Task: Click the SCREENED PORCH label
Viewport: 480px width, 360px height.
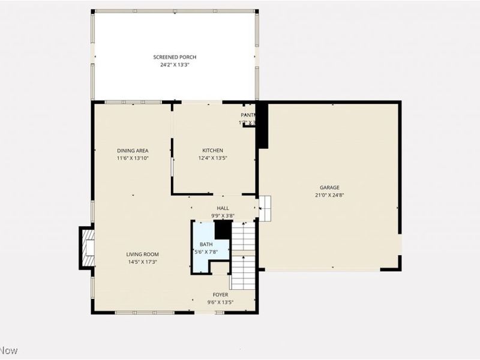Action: click(175, 57)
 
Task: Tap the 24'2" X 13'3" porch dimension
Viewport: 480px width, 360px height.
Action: click(175, 64)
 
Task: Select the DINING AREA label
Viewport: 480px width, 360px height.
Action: click(133, 151)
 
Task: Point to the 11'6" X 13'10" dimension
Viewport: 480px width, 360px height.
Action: click(133, 158)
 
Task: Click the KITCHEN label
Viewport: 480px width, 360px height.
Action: click(212, 151)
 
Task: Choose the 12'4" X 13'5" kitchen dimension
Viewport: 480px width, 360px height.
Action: click(212, 158)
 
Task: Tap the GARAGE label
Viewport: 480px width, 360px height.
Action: click(329, 187)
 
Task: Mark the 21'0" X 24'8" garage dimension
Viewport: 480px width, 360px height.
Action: click(329, 194)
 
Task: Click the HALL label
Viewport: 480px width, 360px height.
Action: click(223, 208)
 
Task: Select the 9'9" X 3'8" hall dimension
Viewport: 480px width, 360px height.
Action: click(223, 215)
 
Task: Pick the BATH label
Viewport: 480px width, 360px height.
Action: click(206, 244)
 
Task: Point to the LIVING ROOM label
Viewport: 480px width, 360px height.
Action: click(142, 254)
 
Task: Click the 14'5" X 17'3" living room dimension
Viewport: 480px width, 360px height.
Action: click(142, 262)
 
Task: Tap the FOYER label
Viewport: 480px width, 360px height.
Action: click(220, 295)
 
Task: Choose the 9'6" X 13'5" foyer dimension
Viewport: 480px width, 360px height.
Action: click(220, 302)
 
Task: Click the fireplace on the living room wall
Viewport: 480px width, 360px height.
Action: click(87, 247)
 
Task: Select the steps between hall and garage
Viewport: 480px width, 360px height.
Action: click(265, 207)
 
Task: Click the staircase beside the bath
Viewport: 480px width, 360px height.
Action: click(244, 252)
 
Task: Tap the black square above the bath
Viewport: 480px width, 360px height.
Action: click(223, 229)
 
